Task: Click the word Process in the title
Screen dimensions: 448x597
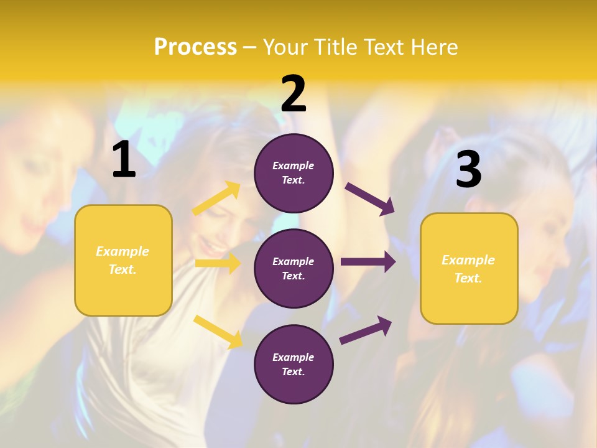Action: coord(195,47)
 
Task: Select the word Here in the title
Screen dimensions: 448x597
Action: coord(433,47)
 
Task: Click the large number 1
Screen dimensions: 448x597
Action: coord(124,160)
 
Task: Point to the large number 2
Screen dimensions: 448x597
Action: coord(294,94)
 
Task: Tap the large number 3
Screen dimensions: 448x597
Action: coord(468,170)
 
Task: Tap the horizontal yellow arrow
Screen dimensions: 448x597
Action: coord(218,263)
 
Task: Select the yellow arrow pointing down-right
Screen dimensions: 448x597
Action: coord(218,332)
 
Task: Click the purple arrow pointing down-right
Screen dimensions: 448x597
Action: coord(369,199)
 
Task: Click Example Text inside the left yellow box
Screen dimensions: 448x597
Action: coord(123,260)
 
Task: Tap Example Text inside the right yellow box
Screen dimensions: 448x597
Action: coord(468,269)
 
